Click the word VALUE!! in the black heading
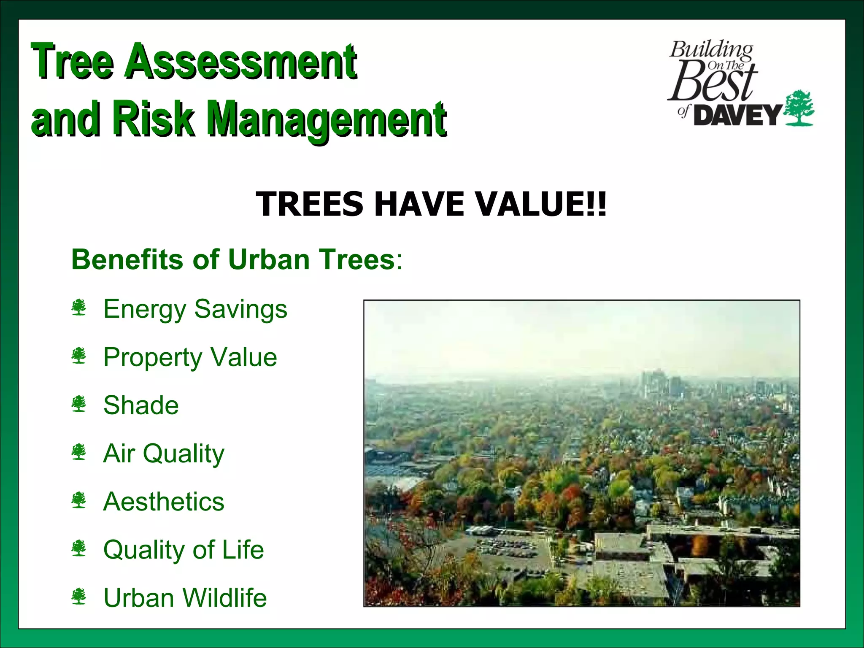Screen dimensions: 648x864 (540, 204)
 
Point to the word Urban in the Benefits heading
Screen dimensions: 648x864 (269, 259)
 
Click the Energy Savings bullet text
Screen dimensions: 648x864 (195, 309)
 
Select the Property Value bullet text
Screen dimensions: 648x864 (190, 357)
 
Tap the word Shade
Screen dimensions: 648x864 (141, 405)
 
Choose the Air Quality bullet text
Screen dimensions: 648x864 (164, 454)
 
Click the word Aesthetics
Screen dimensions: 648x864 (164, 502)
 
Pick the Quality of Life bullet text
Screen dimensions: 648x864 (184, 550)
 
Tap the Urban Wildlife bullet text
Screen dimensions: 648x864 (185, 598)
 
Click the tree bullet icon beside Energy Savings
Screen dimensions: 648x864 (79, 308)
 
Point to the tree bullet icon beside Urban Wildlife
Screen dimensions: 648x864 (79, 597)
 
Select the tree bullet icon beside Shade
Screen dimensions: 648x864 (79, 404)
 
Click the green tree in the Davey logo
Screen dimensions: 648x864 (799, 108)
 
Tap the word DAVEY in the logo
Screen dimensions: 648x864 (737, 115)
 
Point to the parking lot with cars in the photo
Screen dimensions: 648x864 (506, 547)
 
